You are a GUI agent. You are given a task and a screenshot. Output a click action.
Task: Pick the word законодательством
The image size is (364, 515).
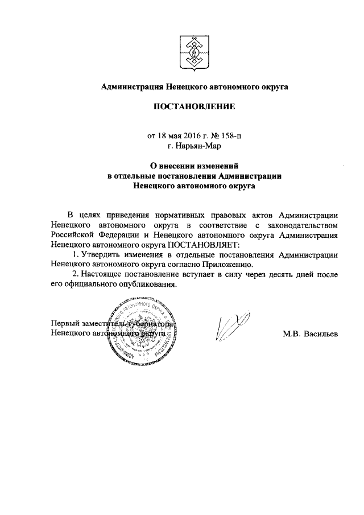coord(303,225)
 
